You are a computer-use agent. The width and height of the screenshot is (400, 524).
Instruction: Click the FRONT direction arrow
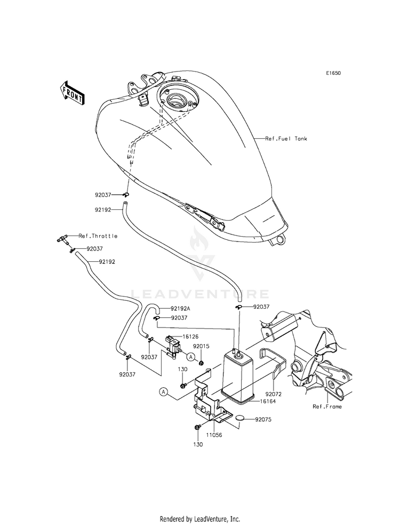pos(71,93)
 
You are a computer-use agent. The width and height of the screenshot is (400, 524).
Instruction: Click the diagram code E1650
pos(333,73)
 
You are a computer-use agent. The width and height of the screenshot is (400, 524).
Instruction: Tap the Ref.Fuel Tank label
pos(286,138)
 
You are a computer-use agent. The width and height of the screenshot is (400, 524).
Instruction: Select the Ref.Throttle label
pos(98,236)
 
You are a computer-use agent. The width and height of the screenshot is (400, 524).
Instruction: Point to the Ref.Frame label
pos(327,406)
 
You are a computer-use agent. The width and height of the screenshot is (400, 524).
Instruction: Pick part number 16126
pos(190,337)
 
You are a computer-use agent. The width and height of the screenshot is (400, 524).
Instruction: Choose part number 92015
pos(202,346)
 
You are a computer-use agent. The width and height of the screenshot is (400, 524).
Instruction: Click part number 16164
pos(268,401)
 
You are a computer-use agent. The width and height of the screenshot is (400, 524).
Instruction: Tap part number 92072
pos(274,395)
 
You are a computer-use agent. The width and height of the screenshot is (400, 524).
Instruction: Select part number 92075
pos(263,419)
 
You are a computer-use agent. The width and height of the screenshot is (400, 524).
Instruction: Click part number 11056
pos(214,435)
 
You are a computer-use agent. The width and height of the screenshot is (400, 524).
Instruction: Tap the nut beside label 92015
pos(201,363)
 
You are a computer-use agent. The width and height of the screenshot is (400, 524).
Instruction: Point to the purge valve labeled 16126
pos(173,347)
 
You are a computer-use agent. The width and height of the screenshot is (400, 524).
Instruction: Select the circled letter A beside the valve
pos(191,357)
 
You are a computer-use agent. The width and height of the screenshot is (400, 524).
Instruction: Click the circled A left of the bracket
pos(163,392)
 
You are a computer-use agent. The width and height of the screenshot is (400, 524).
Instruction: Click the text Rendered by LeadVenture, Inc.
pos(200,519)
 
